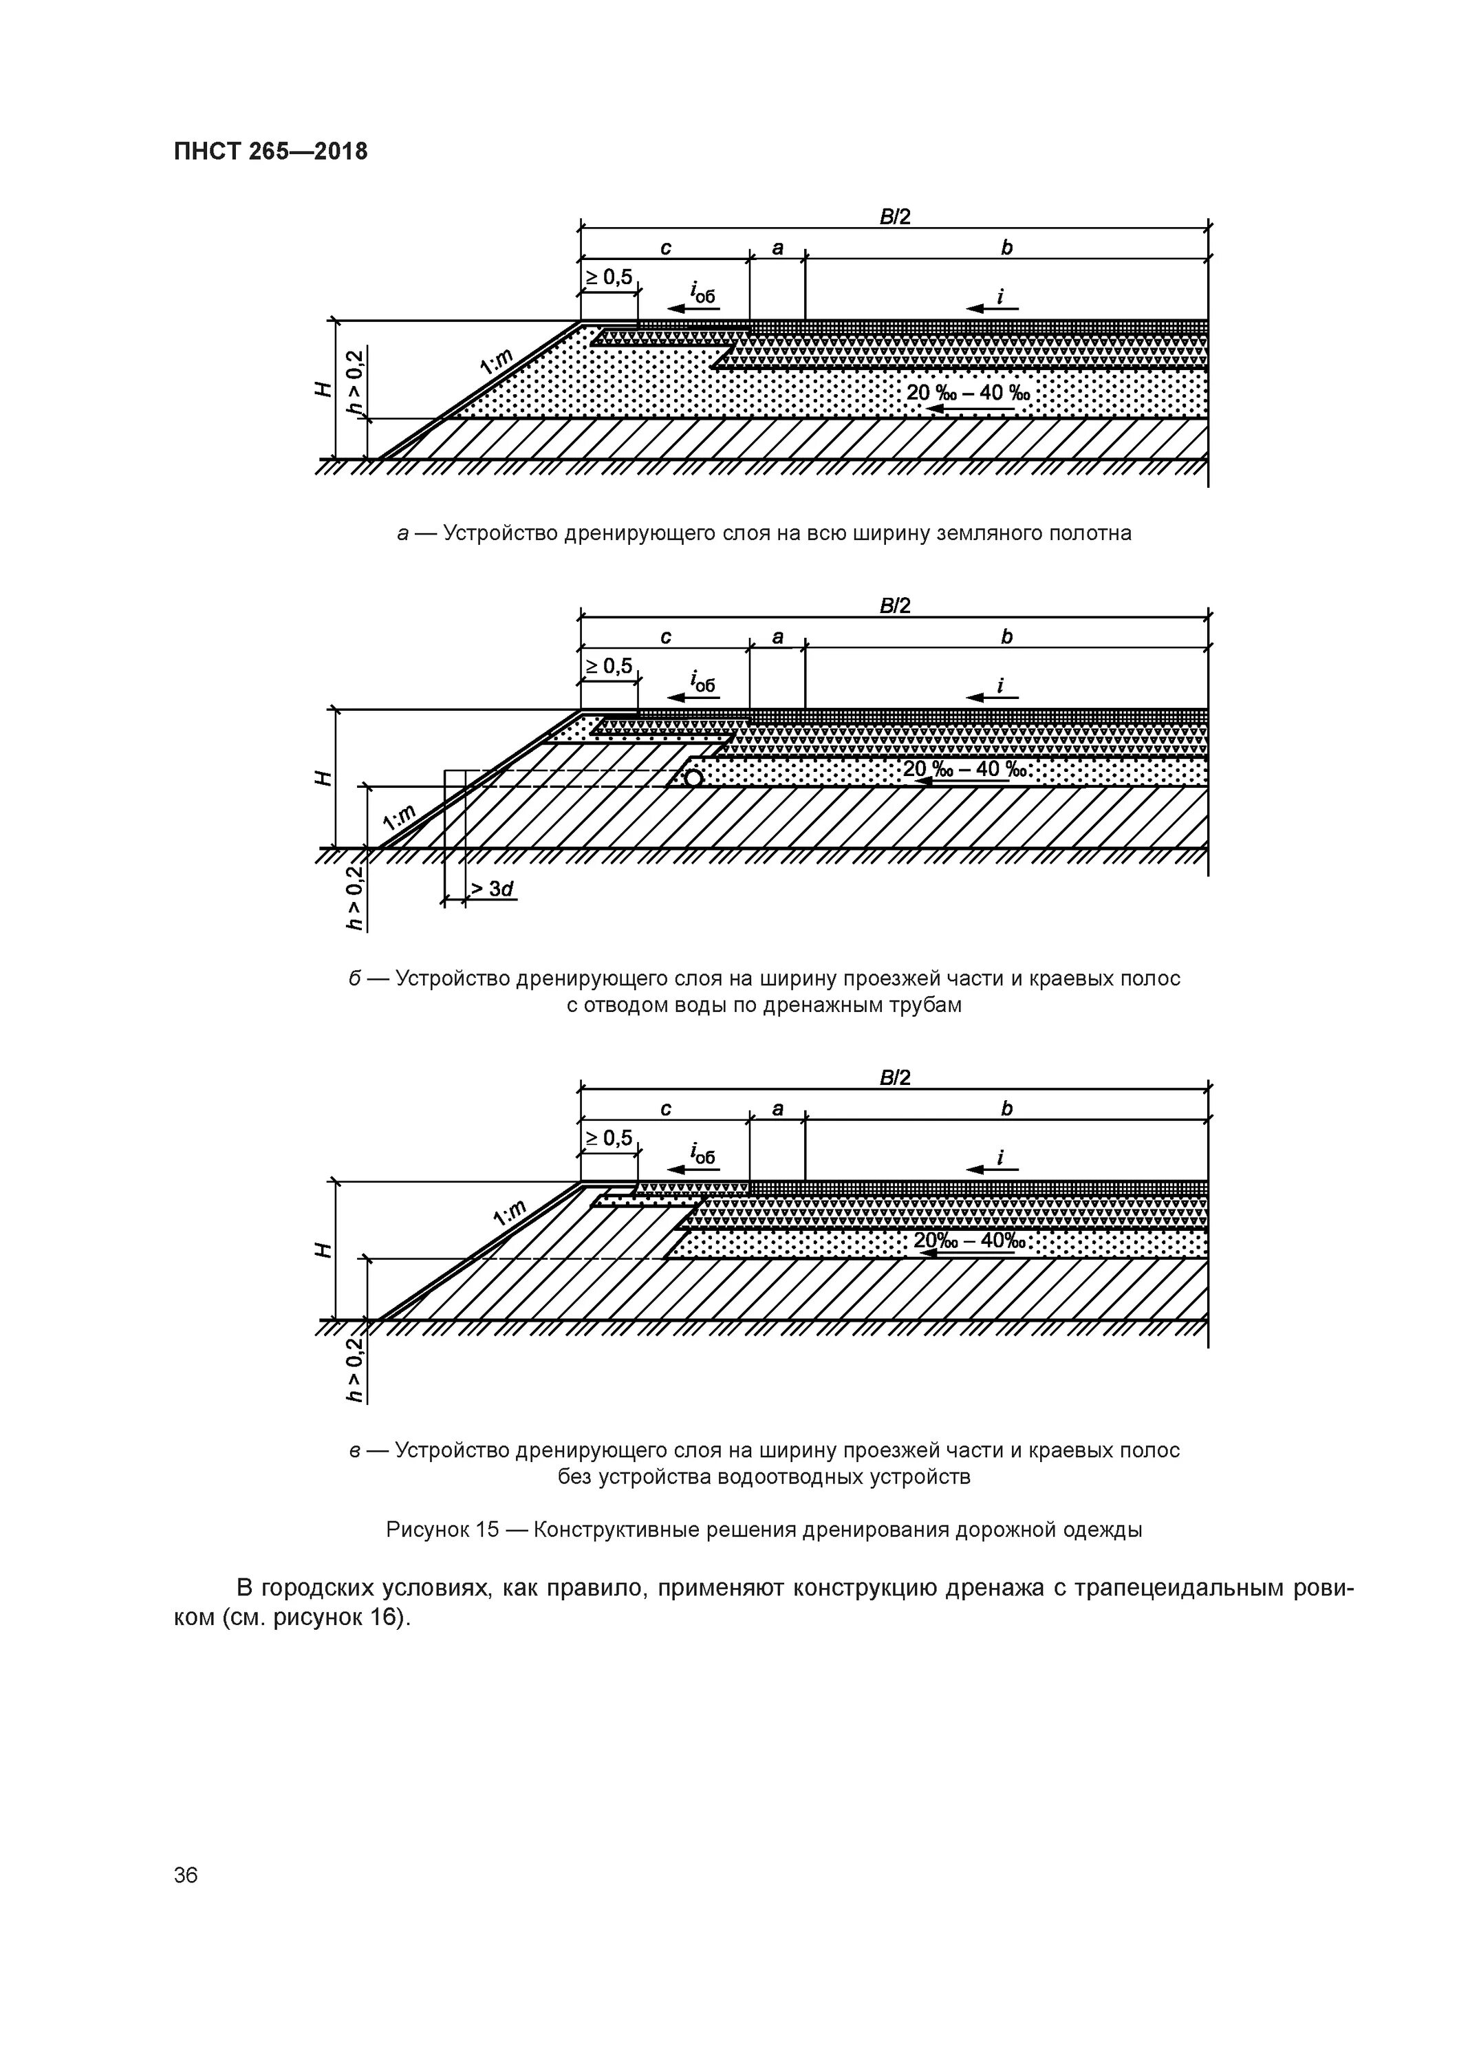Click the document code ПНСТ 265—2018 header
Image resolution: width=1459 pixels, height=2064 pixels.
270,151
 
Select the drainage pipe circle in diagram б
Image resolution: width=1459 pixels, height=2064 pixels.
693,777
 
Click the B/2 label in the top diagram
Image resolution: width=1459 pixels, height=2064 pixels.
894,217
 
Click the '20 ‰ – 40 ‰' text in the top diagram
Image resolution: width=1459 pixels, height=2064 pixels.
968,393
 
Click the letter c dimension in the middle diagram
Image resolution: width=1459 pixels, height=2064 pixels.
665,636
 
